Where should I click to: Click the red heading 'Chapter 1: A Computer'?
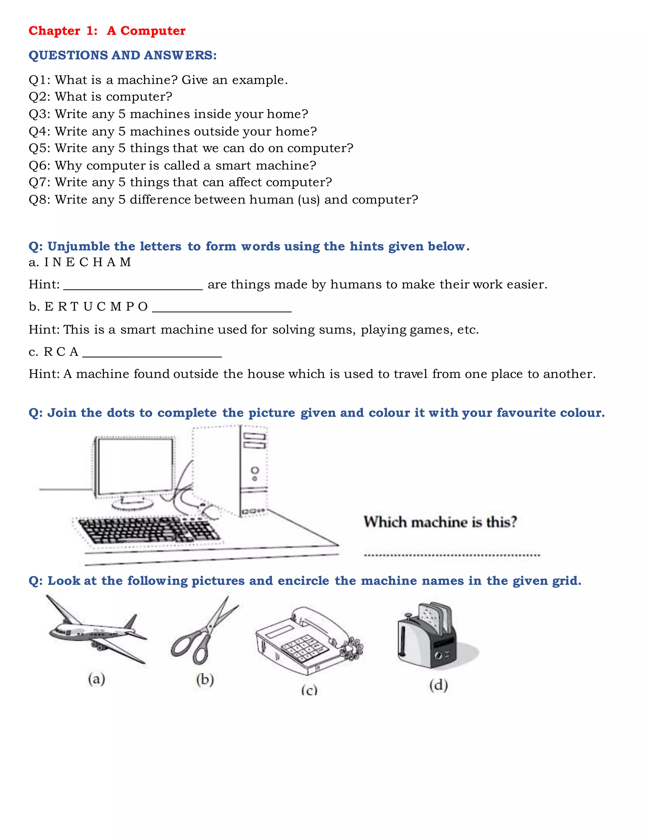click(x=107, y=31)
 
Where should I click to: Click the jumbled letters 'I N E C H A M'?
click(x=88, y=262)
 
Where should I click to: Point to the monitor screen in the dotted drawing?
click(x=135, y=466)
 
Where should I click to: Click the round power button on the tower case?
click(x=255, y=470)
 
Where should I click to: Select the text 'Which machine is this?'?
click(x=440, y=522)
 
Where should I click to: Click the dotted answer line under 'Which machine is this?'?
click(x=452, y=555)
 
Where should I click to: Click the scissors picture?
click(x=205, y=632)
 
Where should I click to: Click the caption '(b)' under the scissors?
click(x=205, y=680)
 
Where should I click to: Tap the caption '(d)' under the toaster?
click(x=438, y=685)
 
